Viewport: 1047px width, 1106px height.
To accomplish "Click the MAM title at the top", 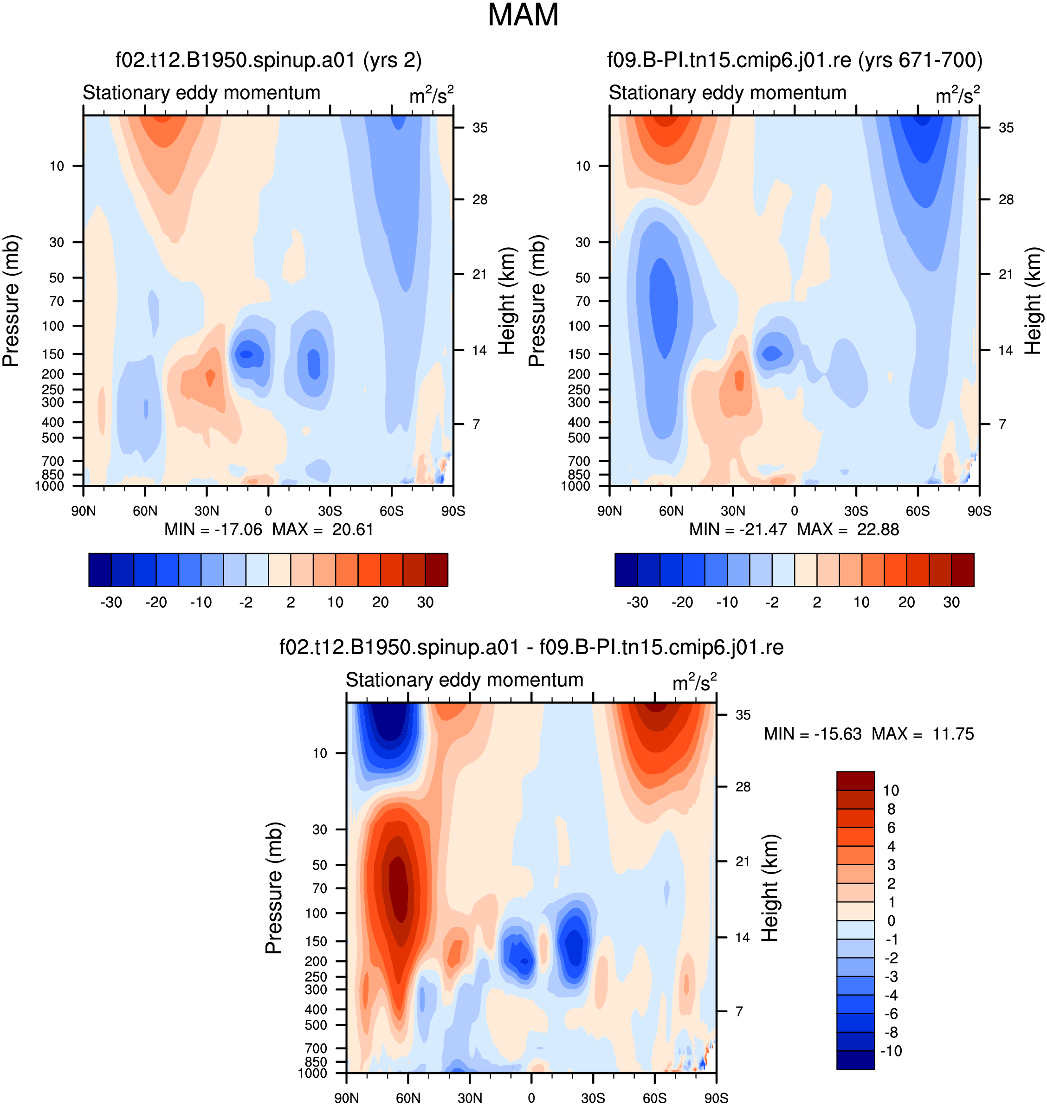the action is [523, 15].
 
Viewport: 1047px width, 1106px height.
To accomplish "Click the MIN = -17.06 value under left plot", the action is [213, 529].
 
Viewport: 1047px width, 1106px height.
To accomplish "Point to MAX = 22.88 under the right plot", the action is [848, 529].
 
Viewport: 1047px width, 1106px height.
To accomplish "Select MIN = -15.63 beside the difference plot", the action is [813, 733].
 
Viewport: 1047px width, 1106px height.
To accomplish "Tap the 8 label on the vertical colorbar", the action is [891, 809].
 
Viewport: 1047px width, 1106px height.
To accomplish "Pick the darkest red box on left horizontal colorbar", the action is [436, 570].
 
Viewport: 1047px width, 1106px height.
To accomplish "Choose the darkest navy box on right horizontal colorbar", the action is [626, 570].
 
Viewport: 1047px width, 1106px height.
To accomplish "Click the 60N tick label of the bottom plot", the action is [408, 1098].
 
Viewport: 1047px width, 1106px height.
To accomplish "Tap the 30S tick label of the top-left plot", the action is [330, 511].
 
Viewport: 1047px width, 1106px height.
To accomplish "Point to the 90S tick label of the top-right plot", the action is [979, 511].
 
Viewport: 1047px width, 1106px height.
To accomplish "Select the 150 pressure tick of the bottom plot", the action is [316, 941].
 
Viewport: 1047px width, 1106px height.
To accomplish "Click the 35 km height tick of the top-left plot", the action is [480, 128].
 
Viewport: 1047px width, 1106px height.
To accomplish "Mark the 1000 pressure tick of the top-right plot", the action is [575, 485].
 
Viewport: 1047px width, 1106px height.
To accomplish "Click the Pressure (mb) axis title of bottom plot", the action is [274, 888].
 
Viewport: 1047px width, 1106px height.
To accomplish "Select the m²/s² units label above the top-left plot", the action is [432, 95].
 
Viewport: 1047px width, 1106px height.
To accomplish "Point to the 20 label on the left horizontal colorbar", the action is [380, 602].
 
